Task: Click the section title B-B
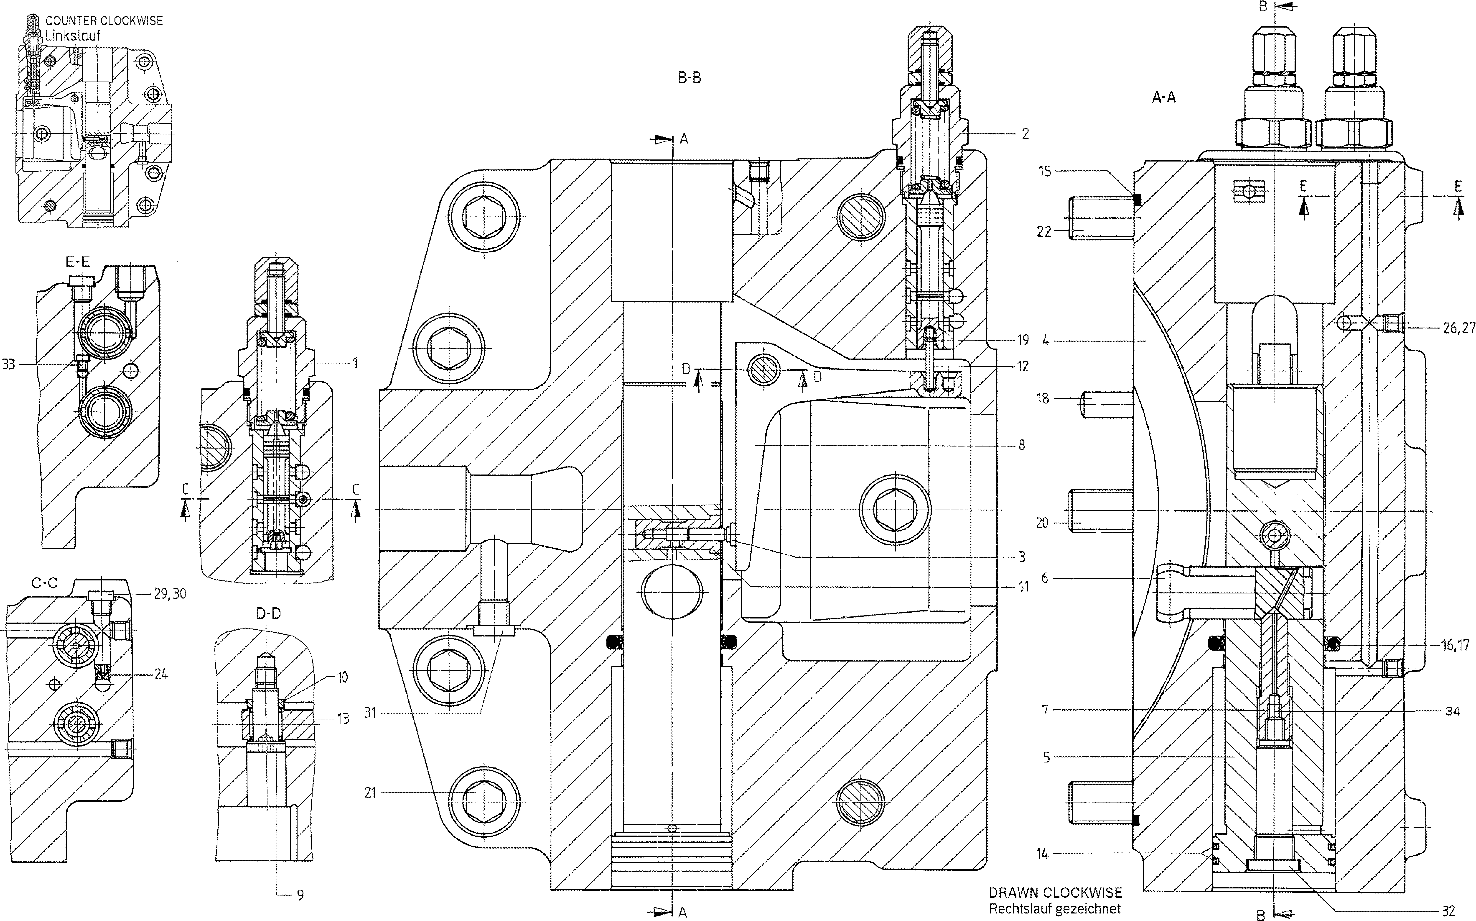coord(690,78)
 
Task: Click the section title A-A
coord(1164,97)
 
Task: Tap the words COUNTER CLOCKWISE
coord(104,21)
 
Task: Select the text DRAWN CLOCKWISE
coord(1055,893)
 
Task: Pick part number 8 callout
coord(1021,445)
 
